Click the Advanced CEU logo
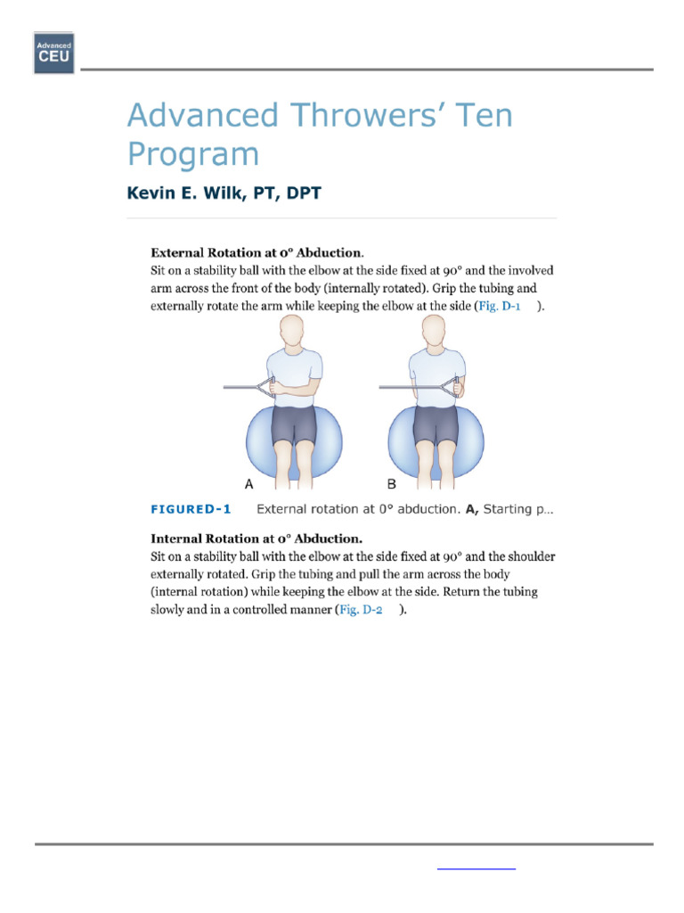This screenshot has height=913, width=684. pyautogui.click(x=53, y=53)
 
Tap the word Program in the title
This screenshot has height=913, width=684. pyautogui.click(x=192, y=154)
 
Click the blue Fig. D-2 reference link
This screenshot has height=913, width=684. pyautogui.click(x=362, y=610)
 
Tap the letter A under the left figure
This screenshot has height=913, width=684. pyautogui.click(x=249, y=484)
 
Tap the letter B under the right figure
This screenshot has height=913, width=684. pyautogui.click(x=392, y=484)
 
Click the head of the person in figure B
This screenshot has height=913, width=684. pyautogui.click(x=436, y=333)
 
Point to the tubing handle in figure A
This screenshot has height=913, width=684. pyautogui.click(x=264, y=387)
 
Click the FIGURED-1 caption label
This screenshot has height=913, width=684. pyautogui.click(x=191, y=510)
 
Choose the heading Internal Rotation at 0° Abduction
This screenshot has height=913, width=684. pyautogui.click(x=256, y=539)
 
